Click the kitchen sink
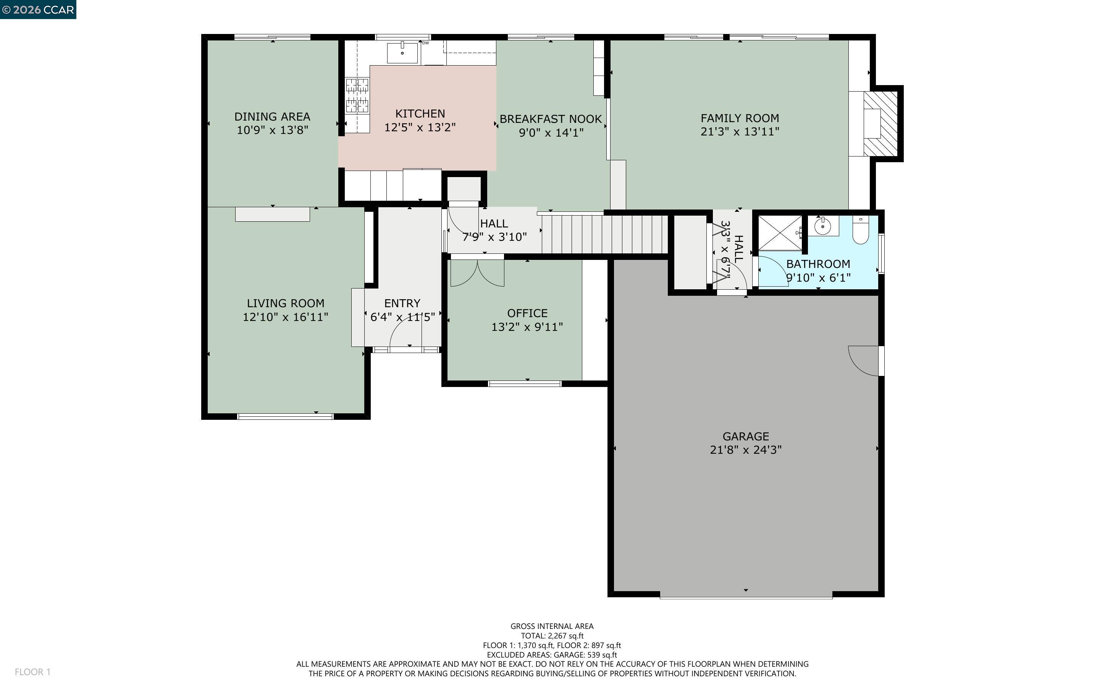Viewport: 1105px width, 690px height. tap(402, 53)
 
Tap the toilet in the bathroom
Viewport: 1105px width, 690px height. tap(860, 232)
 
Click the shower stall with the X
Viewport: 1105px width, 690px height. tap(780, 233)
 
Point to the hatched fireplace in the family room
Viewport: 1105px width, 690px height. tap(880, 123)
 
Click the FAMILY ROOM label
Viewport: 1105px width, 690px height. tap(740, 118)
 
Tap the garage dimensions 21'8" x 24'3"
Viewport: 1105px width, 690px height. tap(745, 450)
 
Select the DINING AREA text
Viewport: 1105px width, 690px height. tap(272, 117)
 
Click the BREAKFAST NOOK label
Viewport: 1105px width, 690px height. tap(551, 119)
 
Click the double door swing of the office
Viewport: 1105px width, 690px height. tap(477, 274)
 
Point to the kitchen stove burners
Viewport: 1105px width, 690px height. tap(357, 95)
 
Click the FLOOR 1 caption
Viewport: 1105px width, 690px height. tap(32, 672)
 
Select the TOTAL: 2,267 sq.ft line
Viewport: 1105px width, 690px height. tap(552, 636)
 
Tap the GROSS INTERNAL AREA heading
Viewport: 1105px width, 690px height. tap(552, 626)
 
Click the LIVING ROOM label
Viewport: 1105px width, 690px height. tap(285, 303)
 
